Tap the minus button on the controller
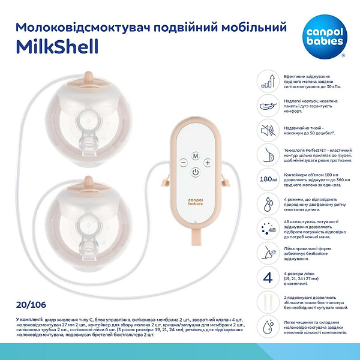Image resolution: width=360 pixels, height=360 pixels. coord(182,163)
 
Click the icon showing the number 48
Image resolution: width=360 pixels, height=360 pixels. coord(268,229)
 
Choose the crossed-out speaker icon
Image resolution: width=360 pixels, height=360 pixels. coord(268,129)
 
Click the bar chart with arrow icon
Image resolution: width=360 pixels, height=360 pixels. coord(268,79)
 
